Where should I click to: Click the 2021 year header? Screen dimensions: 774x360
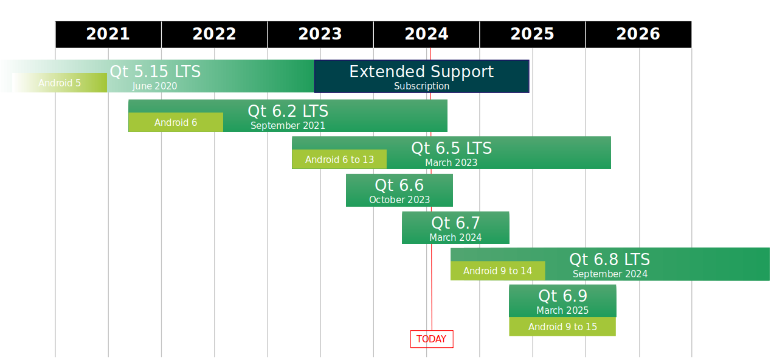[x=108, y=34]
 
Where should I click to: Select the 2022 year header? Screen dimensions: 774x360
[x=214, y=34]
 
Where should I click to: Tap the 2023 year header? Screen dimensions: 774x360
[x=320, y=34]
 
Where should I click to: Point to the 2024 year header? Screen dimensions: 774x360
[x=426, y=34]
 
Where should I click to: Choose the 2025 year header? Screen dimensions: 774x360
[x=533, y=34]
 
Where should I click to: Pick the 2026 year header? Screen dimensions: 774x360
[x=638, y=34]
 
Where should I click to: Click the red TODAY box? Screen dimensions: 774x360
[x=432, y=339]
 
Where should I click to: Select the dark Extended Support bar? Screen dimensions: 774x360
[x=421, y=77]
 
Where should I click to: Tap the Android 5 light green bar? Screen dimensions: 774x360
[x=60, y=83]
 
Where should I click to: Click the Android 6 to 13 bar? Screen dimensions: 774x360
[x=339, y=159]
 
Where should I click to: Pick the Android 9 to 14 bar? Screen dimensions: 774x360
[x=497, y=271]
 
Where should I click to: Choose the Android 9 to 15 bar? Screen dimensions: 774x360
[x=562, y=327]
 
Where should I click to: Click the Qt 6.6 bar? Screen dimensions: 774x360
[x=399, y=190]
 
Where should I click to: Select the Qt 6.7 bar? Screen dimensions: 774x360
[x=455, y=227]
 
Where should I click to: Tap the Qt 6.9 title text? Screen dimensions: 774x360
[x=562, y=296]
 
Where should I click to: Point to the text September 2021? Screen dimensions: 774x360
[x=288, y=125]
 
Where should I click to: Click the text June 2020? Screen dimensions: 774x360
[x=154, y=86]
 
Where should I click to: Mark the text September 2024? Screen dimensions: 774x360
[x=610, y=274]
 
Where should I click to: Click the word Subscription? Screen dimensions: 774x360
[x=421, y=86]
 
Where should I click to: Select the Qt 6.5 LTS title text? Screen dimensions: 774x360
[x=451, y=148]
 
